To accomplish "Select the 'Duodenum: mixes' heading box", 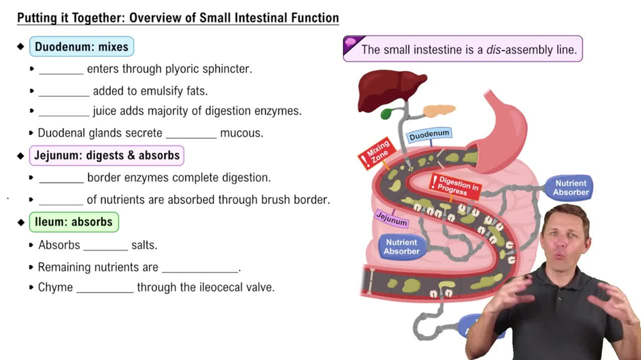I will click(81, 47).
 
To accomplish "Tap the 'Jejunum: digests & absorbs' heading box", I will click(106, 156).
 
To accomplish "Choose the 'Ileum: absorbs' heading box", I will click(74, 222).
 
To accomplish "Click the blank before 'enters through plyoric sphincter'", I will click(61, 69).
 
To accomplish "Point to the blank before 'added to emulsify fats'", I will click(63, 91).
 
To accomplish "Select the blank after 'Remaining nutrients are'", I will click(200, 268).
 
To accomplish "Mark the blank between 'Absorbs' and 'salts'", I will click(105, 245).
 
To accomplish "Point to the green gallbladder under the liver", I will click(387, 114).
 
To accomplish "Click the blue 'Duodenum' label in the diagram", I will click(429, 135).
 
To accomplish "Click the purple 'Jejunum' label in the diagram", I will click(391, 218).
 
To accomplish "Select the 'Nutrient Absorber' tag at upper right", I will click(570, 188).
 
